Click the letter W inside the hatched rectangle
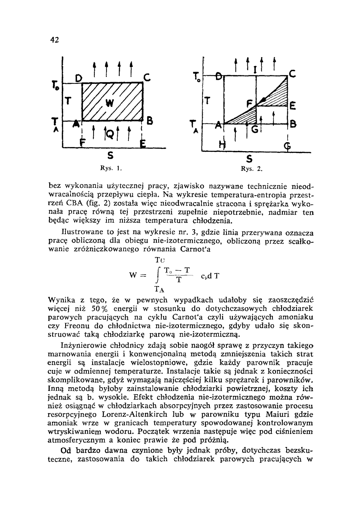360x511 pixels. [109, 104]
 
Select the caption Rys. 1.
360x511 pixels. [110, 168]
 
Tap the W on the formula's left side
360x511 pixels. [133, 276]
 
